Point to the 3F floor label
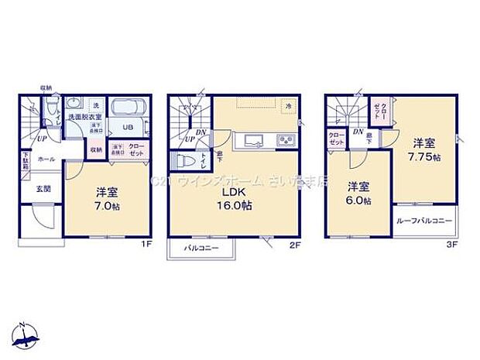point(452,244)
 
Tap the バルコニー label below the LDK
point(201,249)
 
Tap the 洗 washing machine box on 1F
point(96,105)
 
